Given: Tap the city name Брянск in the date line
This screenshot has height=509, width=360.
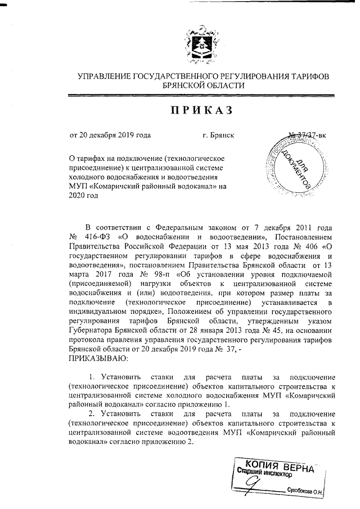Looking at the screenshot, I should [x=218, y=136].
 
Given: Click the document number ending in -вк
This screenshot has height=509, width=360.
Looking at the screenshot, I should [x=307, y=135].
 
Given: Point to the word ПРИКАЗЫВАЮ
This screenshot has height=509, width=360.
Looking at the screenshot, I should [x=98, y=358].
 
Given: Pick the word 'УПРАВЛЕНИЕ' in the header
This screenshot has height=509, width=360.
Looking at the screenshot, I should [x=102, y=76].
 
